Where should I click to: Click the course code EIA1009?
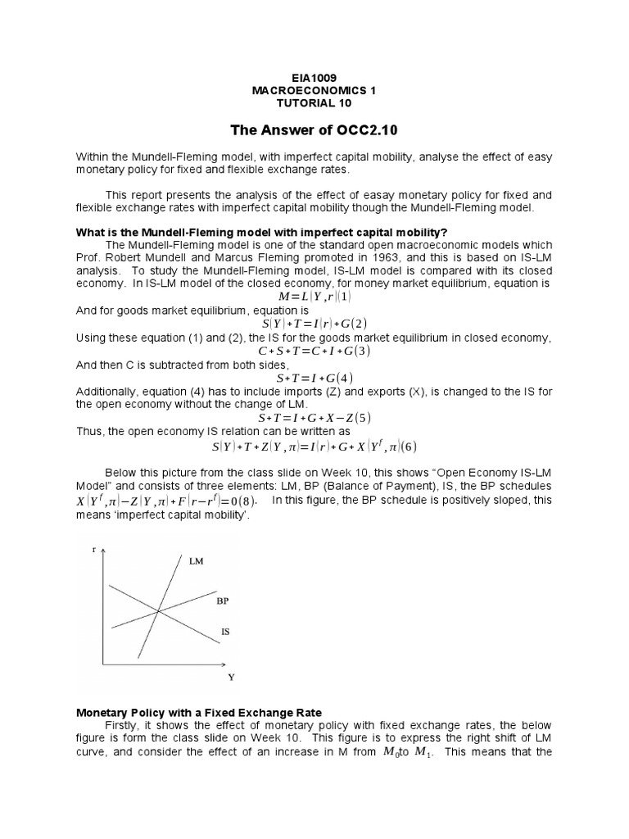[x=314, y=76]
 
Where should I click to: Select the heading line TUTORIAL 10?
[x=314, y=102]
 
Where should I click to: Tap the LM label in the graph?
[x=197, y=562]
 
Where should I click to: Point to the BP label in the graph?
[x=223, y=601]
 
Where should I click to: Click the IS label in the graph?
[x=226, y=631]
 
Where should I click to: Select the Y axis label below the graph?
[x=231, y=678]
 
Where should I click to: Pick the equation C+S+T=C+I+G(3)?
[x=314, y=351]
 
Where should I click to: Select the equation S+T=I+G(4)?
[x=314, y=378]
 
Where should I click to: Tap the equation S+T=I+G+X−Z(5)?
[x=314, y=418]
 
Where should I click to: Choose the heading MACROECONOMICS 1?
[x=314, y=89]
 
